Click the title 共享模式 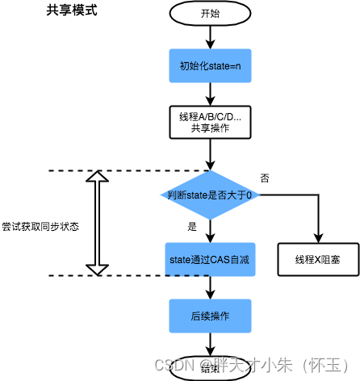pos(69,13)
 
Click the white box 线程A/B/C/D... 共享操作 pos(209,123)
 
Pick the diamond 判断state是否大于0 pos(209,195)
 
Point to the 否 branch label pos(266,177)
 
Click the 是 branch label pos(192,227)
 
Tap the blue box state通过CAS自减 pos(209,259)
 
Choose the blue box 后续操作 pos(209,316)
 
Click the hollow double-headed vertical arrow pos(96,223)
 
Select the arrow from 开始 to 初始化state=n pos(209,36)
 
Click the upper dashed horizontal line pos(121,170)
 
